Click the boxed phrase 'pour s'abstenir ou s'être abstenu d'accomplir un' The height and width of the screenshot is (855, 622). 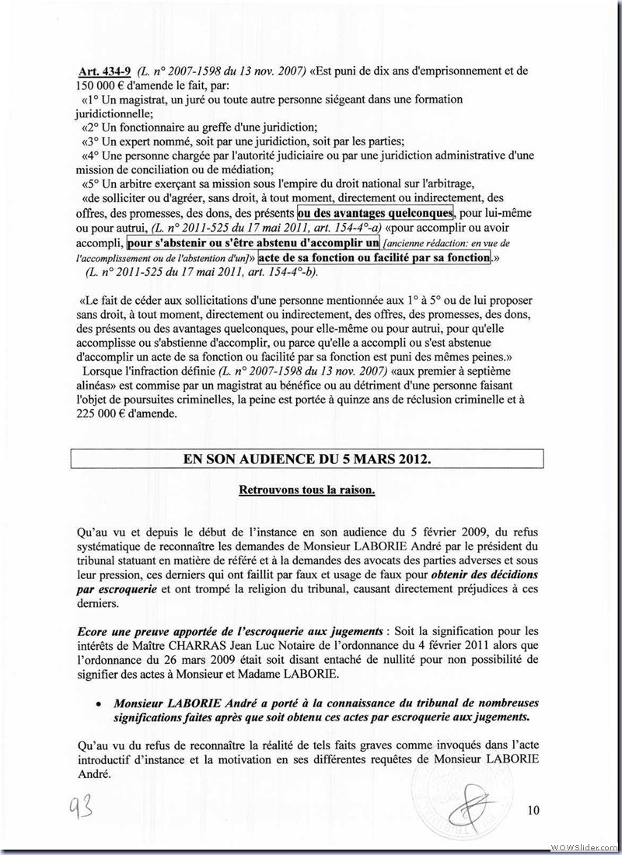click(247, 243)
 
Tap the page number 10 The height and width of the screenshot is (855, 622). click(533, 811)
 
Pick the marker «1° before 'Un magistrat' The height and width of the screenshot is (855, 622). click(91, 99)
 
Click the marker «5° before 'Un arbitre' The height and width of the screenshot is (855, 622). click(92, 183)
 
